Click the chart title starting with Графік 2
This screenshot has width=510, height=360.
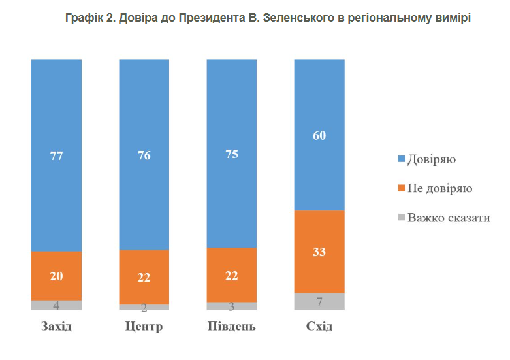pyautogui.click(x=268, y=18)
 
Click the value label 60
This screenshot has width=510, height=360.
pyautogui.click(x=319, y=136)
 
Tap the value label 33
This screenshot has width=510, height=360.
pyautogui.click(x=319, y=252)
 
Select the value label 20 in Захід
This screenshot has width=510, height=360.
pyautogui.click(x=56, y=276)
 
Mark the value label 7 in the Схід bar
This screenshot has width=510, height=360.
pyautogui.click(x=319, y=303)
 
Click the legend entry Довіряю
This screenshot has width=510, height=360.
pyautogui.click(x=431, y=159)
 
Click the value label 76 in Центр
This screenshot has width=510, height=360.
pyautogui.click(x=144, y=156)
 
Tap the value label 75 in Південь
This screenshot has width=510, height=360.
pyautogui.click(x=232, y=155)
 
